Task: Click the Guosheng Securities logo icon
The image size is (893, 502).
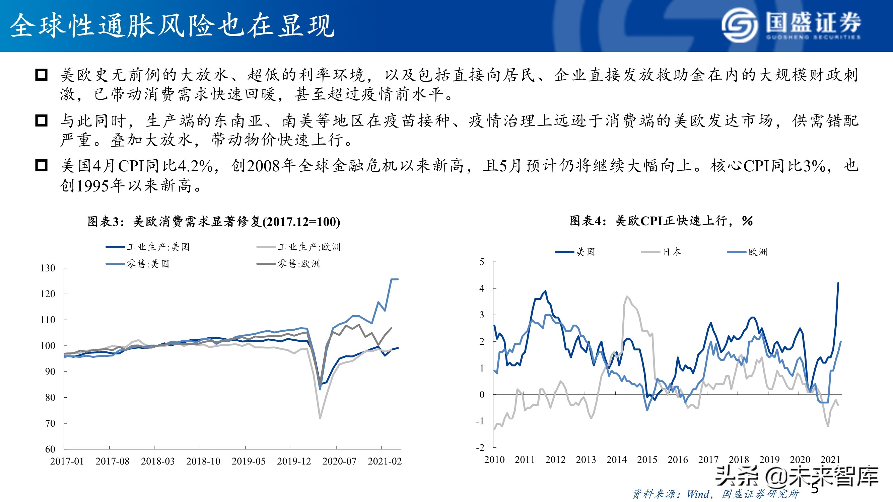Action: (740, 25)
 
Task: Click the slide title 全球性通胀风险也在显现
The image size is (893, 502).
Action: (171, 26)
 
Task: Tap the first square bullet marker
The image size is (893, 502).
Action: (41, 75)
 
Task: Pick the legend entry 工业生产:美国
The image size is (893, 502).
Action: (148, 247)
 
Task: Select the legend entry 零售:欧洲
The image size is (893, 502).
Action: (288, 264)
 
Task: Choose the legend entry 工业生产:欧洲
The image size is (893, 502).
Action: (299, 247)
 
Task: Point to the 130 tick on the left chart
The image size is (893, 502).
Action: (48, 268)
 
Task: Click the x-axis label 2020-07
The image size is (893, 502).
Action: (339, 461)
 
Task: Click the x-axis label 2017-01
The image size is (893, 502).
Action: (67, 461)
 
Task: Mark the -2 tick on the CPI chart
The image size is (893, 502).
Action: (480, 447)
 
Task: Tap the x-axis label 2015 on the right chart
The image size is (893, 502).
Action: (647, 460)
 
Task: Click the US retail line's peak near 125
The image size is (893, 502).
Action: (395, 279)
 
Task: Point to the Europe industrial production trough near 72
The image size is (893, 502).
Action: (320, 418)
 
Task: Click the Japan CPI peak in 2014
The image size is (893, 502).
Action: (627, 297)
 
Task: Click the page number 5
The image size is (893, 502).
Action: (815, 489)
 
